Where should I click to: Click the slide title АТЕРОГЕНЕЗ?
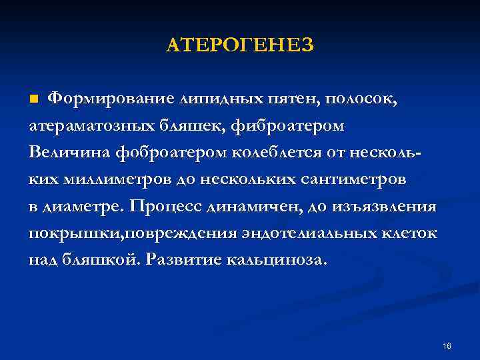239,45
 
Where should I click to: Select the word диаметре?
84,207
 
